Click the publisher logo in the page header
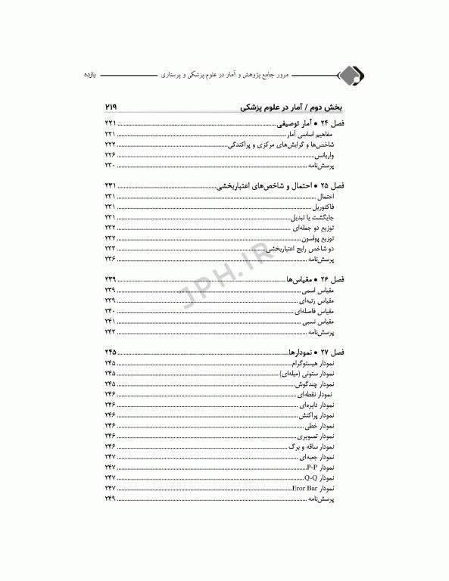click(x=350, y=76)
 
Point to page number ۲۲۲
click(x=111, y=144)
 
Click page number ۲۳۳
click(x=111, y=248)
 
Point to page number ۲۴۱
click(x=111, y=322)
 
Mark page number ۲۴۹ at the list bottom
click(x=111, y=500)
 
